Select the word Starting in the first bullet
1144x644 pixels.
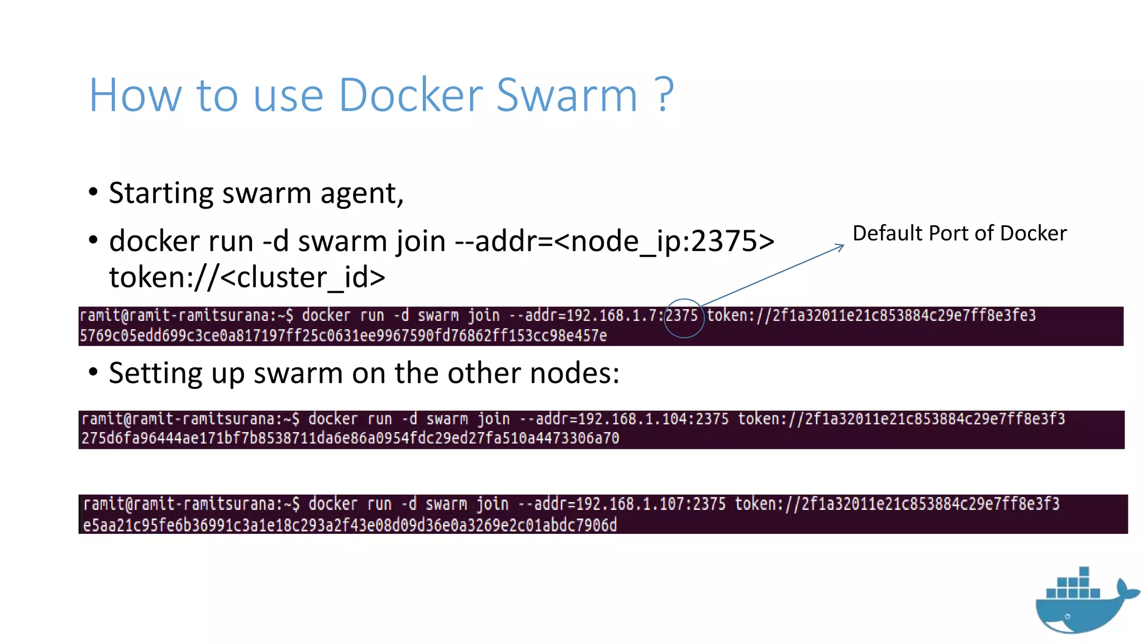click(161, 193)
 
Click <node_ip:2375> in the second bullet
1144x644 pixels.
click(665, 241)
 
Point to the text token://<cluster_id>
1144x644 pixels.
click(247, 277)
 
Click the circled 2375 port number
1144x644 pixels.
click(682, 316)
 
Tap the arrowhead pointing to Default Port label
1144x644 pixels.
click(840, 246)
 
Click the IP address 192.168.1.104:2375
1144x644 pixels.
click(653, 419)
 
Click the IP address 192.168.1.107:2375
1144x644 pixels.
click(651, 504)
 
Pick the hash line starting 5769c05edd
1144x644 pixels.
click(343, 335)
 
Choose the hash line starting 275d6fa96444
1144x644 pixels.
click(350, 438)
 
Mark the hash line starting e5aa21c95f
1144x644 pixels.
click(350, 525)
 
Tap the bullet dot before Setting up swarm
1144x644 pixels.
click(93, 372)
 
